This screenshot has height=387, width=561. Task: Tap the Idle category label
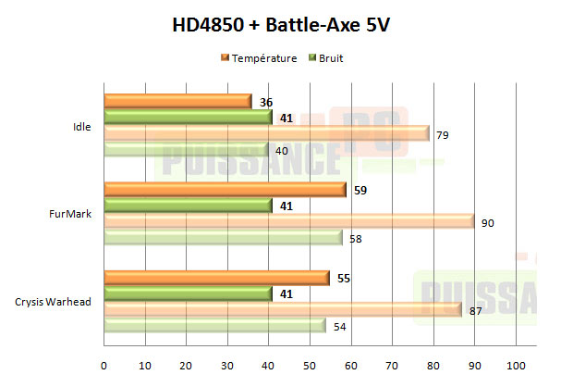coord(81,127)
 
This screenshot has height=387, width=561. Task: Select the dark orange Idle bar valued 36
coord(177,101)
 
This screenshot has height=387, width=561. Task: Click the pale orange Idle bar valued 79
coord(266,134)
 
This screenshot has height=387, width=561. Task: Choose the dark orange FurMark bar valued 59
coord(225,189)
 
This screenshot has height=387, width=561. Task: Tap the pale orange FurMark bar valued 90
coord(288,222)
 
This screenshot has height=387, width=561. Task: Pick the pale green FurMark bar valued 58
coord(223,239)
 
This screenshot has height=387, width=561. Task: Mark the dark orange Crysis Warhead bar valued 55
coord(216,277)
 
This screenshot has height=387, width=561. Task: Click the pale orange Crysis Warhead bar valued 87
coord(283,310)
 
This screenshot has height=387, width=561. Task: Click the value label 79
coord(444,135)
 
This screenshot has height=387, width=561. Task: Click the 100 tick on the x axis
coord(516,363)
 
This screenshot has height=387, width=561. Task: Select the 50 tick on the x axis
coord(310,363)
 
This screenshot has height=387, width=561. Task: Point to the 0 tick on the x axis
coord(104,363)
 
